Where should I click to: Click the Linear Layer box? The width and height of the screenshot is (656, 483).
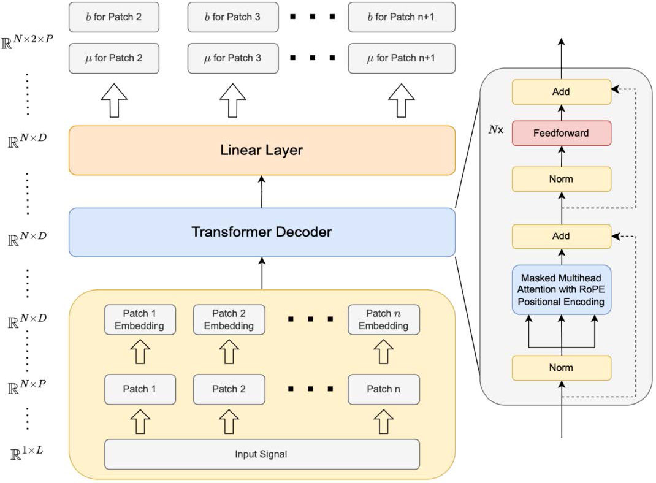(262, 150)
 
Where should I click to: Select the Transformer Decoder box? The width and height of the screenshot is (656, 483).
(262, 232)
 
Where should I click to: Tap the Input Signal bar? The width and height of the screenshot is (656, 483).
(262, 454)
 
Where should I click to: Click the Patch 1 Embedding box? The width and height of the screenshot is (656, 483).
(140, 319)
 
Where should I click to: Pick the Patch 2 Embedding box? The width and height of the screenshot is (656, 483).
(229, 319)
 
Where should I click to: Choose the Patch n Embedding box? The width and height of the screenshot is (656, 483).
(383, 319)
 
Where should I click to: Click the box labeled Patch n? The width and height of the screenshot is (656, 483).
(383, 389)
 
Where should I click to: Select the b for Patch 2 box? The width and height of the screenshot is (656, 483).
(114, 17)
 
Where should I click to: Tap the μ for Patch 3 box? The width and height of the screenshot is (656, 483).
(232, 58)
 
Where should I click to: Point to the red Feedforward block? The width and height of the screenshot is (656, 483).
(561, 132)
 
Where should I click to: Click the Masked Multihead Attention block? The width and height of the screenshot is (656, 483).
(561, 289)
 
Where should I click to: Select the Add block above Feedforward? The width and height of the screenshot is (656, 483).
(561, 92)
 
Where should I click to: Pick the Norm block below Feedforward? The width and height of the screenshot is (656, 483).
(561, 179)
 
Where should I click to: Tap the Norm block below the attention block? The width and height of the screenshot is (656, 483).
(561, 367)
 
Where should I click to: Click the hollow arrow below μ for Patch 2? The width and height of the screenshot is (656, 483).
(114, 99)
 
